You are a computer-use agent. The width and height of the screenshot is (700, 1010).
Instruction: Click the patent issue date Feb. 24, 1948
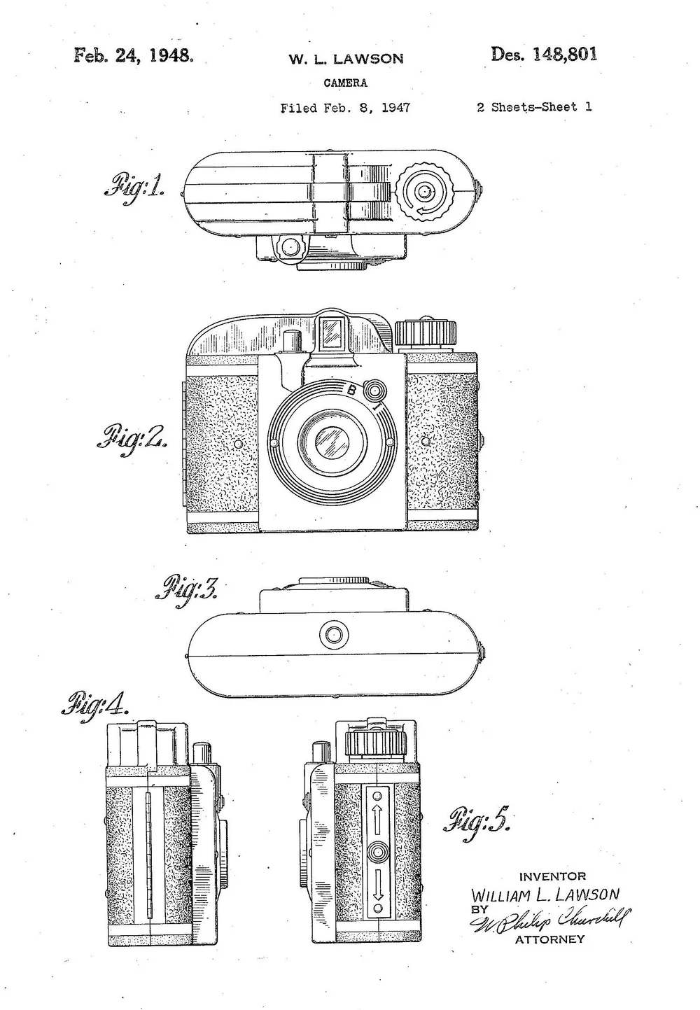pos(132,55)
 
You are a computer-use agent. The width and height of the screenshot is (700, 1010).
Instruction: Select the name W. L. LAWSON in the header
pos(346,59)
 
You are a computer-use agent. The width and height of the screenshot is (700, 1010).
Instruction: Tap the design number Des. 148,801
pos(544,55)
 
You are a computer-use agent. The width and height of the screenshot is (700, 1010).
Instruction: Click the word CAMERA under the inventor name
pos(345,83)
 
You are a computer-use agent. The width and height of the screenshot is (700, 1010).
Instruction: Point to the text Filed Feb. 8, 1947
pos(345,108)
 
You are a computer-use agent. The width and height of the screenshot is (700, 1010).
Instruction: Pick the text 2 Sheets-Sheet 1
pos(534,107)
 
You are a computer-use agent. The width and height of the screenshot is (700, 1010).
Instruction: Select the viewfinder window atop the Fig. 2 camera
pos(332,332)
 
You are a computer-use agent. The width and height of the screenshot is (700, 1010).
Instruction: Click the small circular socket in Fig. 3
pos(333,636)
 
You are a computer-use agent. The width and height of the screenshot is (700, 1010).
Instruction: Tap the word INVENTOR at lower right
pos(552,876)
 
